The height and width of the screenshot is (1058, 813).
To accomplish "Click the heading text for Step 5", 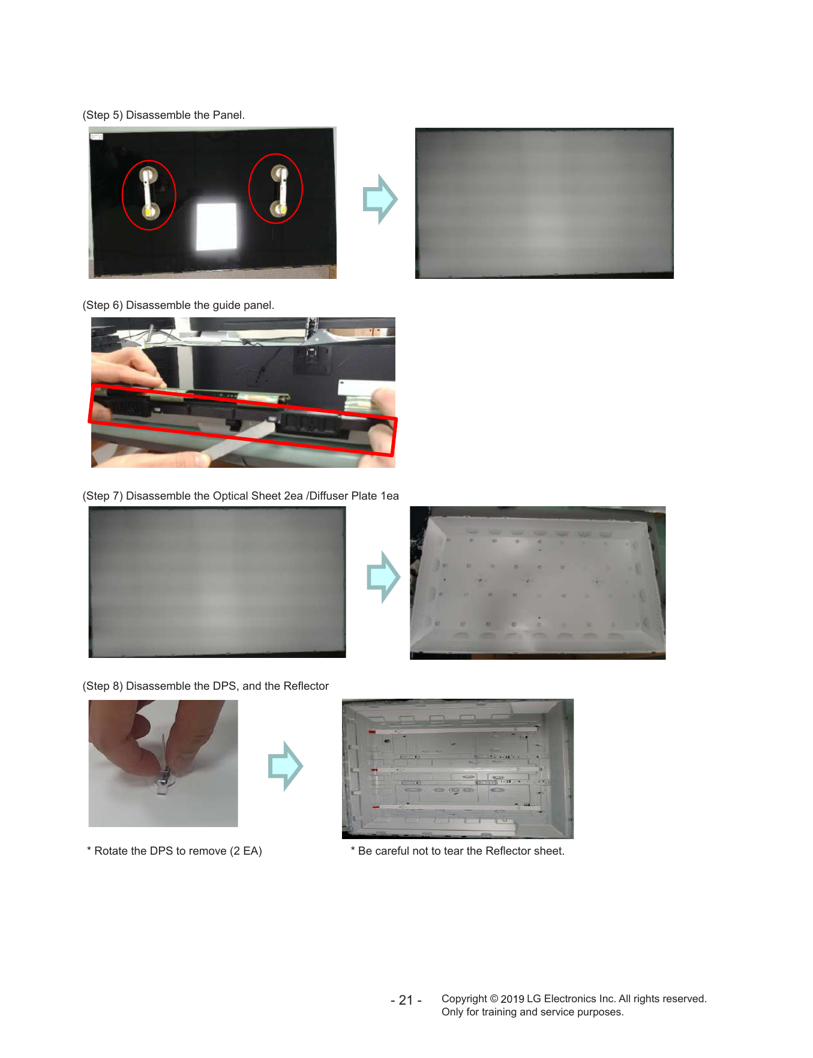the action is (164, 115).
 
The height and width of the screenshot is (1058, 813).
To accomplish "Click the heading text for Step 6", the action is (178, 305).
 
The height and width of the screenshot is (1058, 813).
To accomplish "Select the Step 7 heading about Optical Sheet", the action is (241, 496).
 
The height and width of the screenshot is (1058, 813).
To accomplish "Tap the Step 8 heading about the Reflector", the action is (206, 686).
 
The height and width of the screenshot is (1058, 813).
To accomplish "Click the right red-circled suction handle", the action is (280, 191).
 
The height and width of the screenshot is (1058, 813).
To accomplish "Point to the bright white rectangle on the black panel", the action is (217, 227).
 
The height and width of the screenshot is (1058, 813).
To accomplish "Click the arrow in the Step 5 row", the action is (380, 199).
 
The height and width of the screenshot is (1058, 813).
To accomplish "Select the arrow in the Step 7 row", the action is (383, 577).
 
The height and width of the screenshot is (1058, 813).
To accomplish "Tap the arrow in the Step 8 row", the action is (286, 766).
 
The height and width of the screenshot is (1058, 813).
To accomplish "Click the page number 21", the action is (406, 1000).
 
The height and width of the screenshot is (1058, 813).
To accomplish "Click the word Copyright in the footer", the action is (464, 999).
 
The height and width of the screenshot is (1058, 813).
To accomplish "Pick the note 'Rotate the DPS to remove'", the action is (175, 851).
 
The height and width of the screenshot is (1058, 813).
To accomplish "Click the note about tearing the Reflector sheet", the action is (458, 851).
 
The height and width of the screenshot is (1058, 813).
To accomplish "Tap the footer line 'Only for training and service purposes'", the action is (533, 1012).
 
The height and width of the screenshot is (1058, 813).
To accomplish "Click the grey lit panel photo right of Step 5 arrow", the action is (544, 203).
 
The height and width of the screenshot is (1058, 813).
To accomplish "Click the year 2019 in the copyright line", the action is (512, 999).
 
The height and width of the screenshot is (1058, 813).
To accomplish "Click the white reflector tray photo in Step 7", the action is (538, 583).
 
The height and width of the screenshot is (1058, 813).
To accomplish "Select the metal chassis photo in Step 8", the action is (458, 769).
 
